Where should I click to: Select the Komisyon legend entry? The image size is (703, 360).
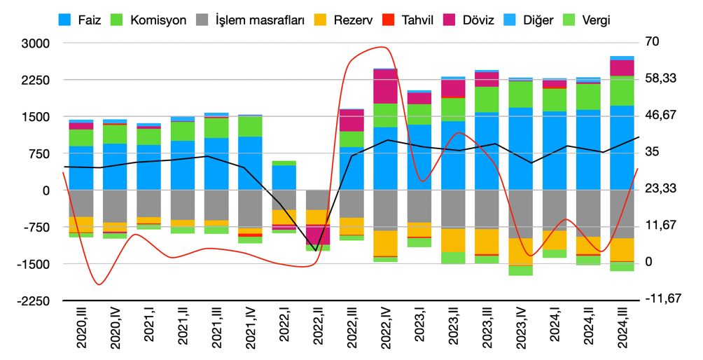pos(160,20)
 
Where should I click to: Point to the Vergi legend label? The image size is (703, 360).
pos(595,20)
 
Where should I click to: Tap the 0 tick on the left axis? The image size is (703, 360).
pos(46,191)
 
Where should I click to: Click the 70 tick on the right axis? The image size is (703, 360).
pos(651,41)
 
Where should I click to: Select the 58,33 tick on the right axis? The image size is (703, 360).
pos(660,78)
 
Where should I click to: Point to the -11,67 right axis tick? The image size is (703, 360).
pos(662,298)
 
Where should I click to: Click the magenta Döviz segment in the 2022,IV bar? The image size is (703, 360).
pos(385,86)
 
